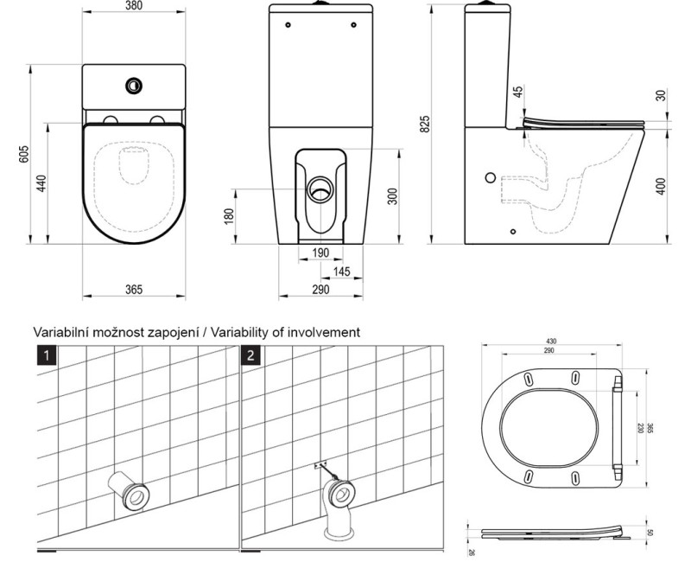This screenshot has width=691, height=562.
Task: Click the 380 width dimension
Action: [134, 7]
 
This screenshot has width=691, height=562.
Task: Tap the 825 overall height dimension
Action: [425, 123]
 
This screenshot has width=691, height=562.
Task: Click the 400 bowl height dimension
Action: [661, 186]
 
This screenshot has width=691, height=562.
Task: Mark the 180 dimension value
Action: [230, 215]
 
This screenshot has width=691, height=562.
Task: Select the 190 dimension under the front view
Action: [320, 253]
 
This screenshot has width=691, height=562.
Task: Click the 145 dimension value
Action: [341, 272]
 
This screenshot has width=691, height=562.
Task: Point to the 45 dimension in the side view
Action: [517, 93]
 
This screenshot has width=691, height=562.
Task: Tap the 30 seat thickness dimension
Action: [661, 95]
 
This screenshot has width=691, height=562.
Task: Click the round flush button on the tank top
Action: [134, 85]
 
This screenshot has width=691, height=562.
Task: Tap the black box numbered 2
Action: [250, 355]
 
